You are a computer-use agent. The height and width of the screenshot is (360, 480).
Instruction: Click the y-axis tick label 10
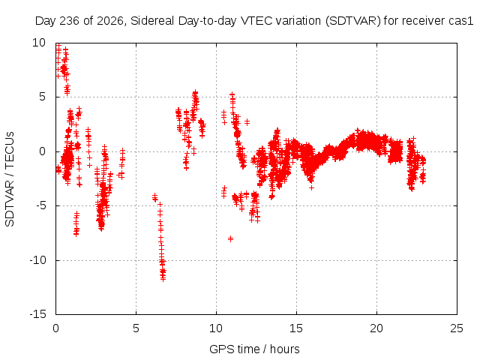click(39, 43)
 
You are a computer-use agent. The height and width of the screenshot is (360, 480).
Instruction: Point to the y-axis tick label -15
click(38, 314)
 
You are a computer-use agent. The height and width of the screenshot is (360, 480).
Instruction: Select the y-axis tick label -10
click(38, 260)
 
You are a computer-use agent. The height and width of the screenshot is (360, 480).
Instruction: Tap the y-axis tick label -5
click(41, 205)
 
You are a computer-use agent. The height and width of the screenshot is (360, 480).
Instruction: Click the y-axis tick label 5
click(43, 97)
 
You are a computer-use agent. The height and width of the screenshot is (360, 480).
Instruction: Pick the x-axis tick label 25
click(457, 328)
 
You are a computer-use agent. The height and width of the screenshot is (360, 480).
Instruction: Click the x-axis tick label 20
click(376, 328)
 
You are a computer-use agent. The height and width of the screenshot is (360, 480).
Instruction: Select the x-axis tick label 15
click(296, 328)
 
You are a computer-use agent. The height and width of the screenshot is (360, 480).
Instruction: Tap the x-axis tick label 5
click(136, 328)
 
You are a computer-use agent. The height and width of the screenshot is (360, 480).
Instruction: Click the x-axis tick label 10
click(216, 328)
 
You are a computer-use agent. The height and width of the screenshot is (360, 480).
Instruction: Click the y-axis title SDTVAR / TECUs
click(10, 179)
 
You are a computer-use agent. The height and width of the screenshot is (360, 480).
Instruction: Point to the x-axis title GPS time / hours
click(254, 349)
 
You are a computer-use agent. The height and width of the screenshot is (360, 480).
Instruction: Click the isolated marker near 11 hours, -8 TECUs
click(230, 238)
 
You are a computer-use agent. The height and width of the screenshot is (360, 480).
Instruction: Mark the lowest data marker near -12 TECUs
click(163, 279)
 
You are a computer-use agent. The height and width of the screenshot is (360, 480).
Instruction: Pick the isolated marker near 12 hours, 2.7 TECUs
click(247, 122)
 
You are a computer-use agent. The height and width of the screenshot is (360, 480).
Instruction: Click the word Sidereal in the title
click(153, 21)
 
